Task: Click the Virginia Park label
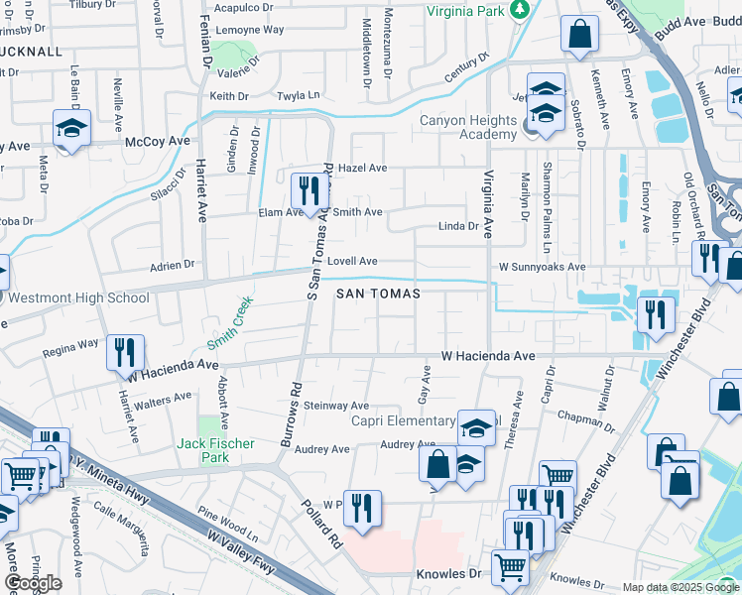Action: click(x=466, y=12)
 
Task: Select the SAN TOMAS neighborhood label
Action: click(x=377, y=295)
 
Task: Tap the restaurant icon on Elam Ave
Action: click(x=309, y=190)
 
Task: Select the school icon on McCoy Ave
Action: click(x=72, y=130)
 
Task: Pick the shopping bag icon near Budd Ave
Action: click(x=579, y=36)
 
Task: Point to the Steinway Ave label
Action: click(x=336, y=406)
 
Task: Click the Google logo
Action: click(x=33, y=583)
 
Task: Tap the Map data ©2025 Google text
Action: click(x=680, y=587)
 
